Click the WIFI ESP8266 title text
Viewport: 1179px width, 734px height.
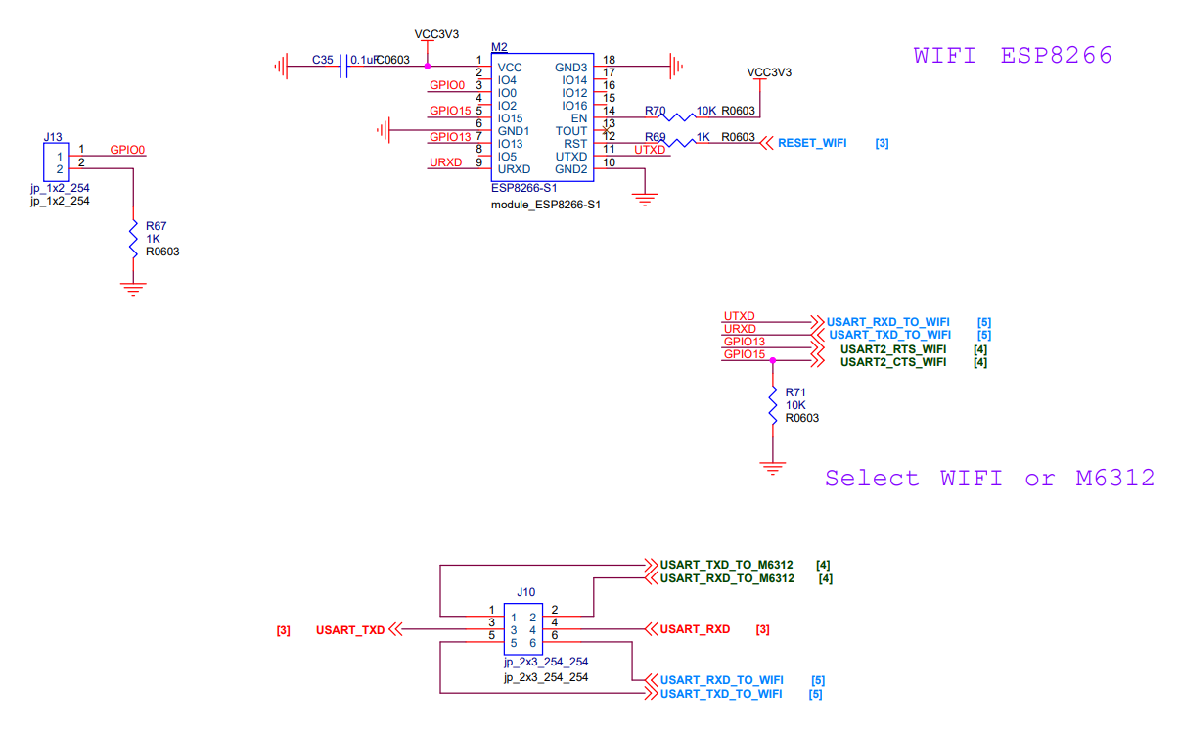pos(1013,55)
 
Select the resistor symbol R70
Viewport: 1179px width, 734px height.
pos(677,116)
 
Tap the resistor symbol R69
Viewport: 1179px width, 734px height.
pos(677,142)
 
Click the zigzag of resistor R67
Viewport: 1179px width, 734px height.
pos(133,240)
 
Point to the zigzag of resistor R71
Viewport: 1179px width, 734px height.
pos(773,405)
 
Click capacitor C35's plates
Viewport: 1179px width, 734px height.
pos(343,67)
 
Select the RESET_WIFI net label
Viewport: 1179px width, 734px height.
pos(812,143)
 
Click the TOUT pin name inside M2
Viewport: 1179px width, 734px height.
pos(570,130)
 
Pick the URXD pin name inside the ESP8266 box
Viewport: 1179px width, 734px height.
pos(514,169)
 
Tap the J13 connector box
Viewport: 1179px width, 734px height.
pos(57,162)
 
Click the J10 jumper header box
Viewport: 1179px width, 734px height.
pos(523,629)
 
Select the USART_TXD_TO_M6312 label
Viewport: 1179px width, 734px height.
pos(726,565)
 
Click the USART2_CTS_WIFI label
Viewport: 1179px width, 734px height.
pos(893,362)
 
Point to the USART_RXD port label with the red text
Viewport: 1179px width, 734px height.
pos(695,629)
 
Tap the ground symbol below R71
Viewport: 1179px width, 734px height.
pos(773,468)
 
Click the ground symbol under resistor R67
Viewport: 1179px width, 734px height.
pos(133,289)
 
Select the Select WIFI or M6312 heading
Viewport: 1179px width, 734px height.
pos(989,479)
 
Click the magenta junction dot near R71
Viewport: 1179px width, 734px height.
pos(773,361)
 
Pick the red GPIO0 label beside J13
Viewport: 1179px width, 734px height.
pos(127,150)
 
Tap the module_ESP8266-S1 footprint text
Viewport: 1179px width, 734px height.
pos(546,205)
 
